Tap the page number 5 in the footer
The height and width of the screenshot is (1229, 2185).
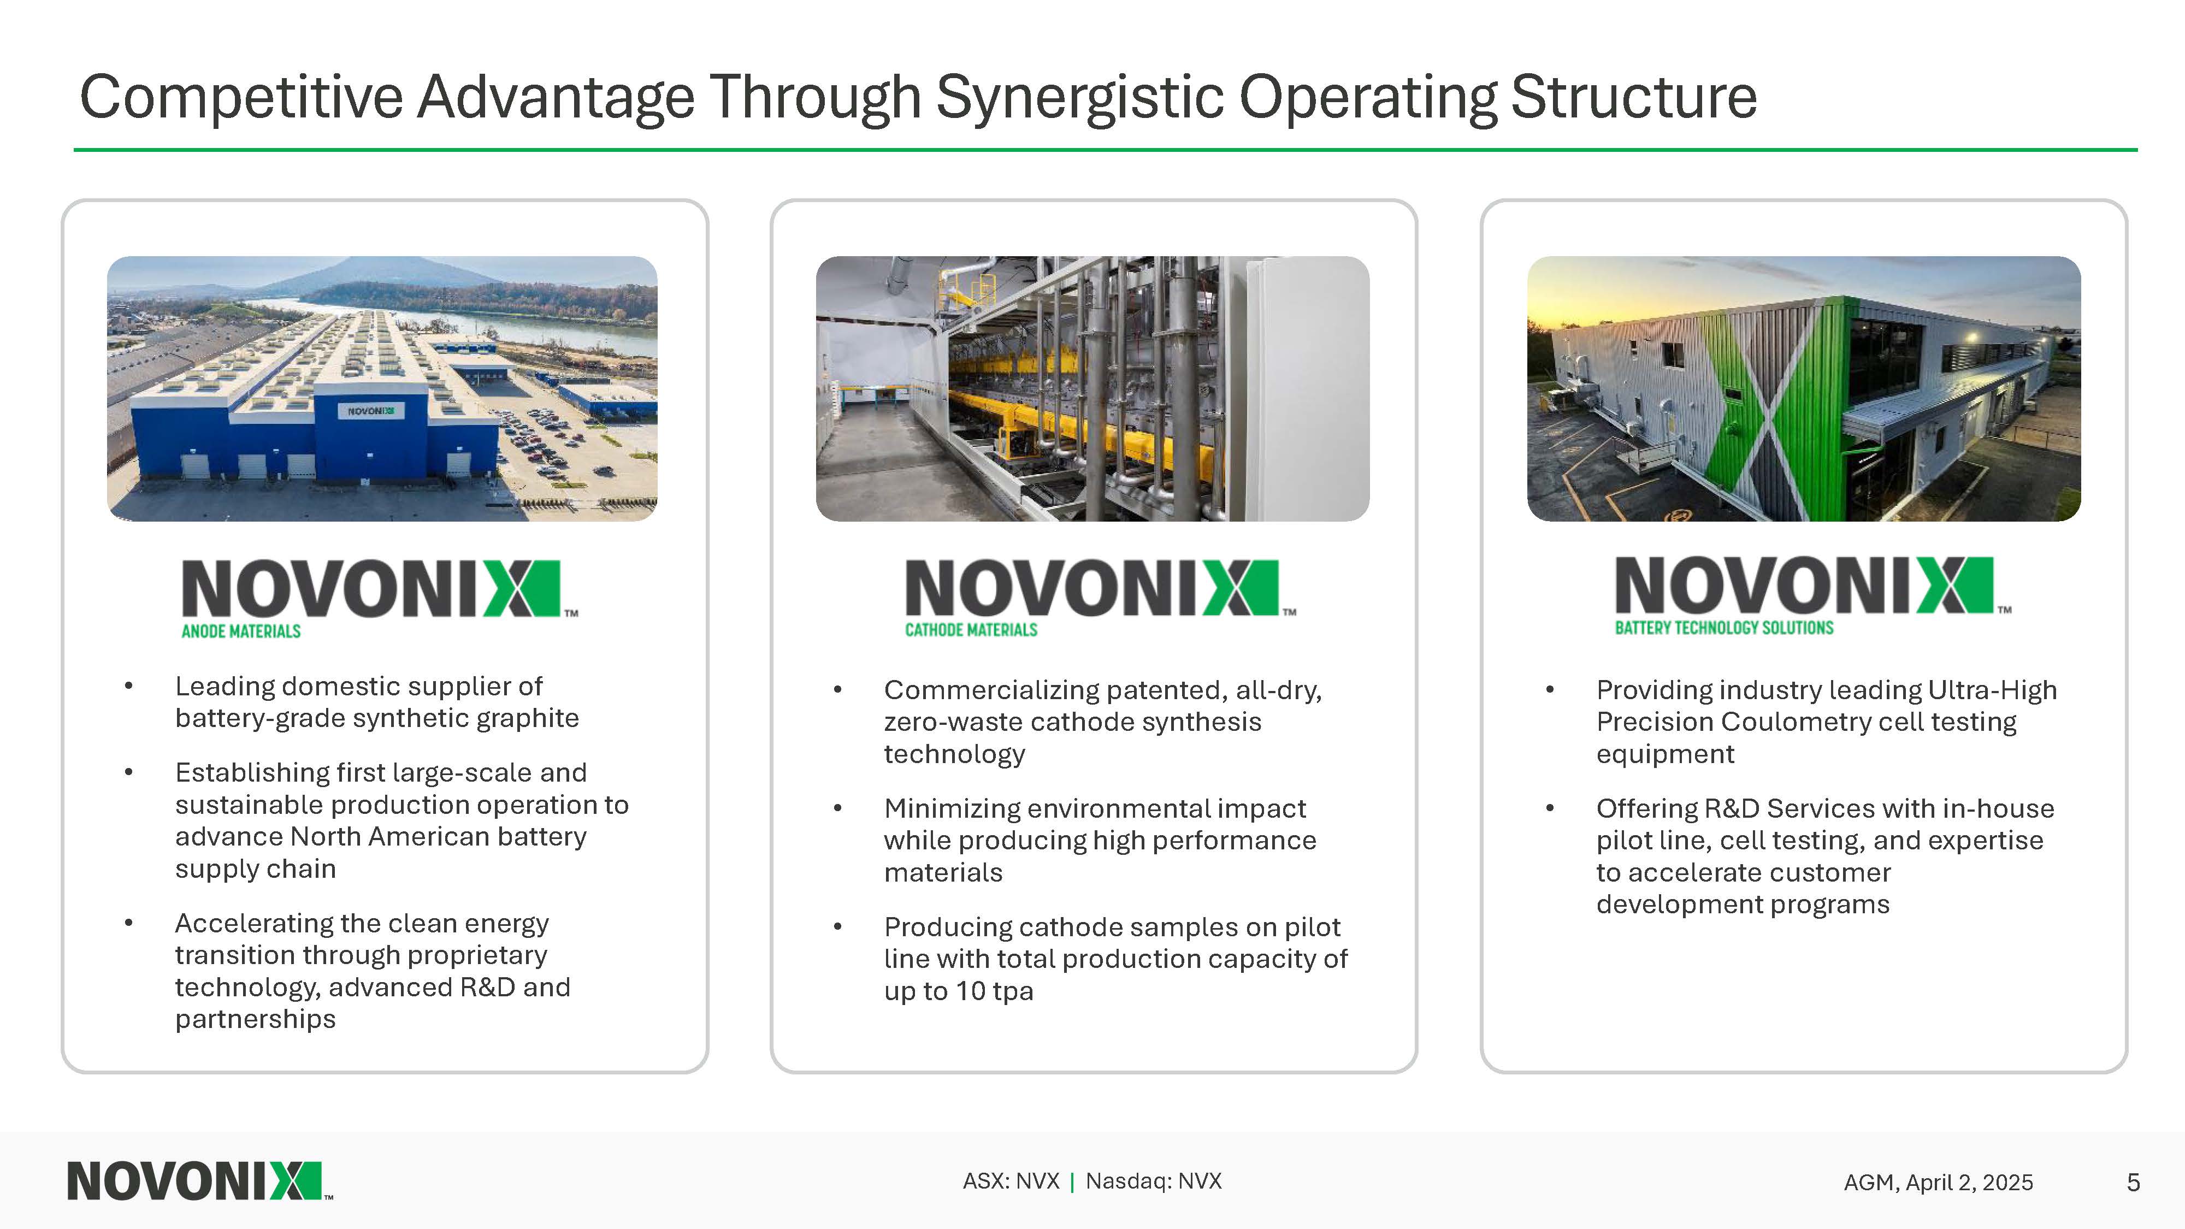[x=2133, y=1183]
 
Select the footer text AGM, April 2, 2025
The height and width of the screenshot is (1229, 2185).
[x=1938, y=1183]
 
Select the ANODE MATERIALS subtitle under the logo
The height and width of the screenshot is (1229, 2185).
[x=241, y=631]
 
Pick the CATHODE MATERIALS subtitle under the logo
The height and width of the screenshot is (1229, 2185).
[x=971, y=629]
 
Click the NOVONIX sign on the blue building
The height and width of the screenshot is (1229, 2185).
[x=371, y=411]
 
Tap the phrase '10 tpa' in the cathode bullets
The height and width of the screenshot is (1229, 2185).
[x=995, y=991]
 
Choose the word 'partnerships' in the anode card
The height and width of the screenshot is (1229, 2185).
[x=255, y=1019]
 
